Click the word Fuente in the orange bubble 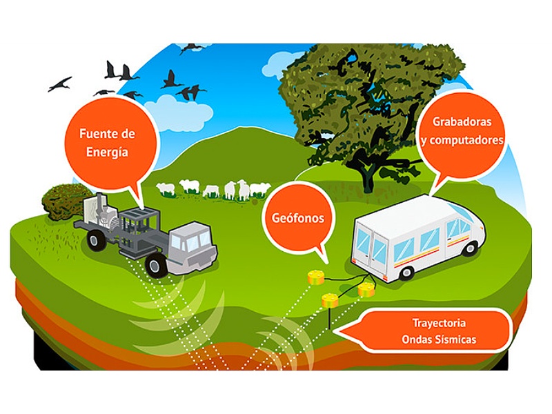(x=92, y=132)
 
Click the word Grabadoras (x=460, y=121)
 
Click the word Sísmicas (x=455, y=339)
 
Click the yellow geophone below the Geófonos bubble (x=316, y=277)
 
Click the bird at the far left (x=59, y=83)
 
